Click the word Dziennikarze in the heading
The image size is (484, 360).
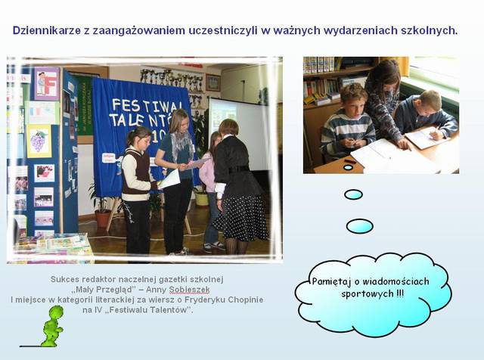45,31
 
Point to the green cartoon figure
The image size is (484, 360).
52,326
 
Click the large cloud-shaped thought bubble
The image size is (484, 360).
373,295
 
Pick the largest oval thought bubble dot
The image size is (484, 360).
360,226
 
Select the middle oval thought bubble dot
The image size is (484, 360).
353,194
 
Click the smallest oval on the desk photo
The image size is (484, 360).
348,167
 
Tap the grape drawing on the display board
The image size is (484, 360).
39,141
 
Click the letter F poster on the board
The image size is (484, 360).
47,83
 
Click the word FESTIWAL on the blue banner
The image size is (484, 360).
145,106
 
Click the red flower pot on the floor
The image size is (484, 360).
103,219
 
